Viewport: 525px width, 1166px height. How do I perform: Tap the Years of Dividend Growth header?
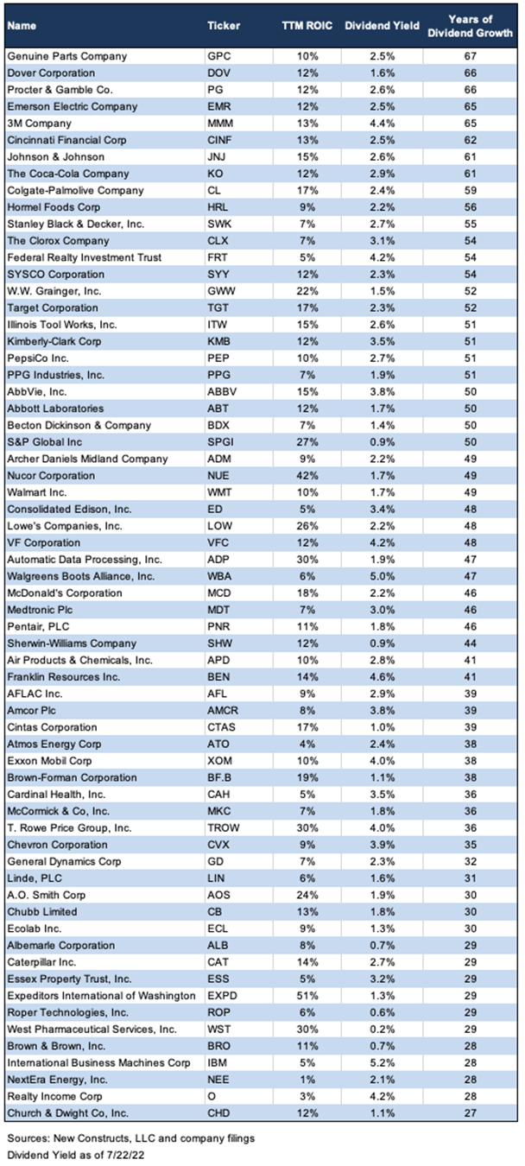471,26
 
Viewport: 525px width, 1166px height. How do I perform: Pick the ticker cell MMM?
220,124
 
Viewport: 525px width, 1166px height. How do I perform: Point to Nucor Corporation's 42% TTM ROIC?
307,476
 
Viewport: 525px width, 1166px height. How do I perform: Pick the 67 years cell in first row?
471,56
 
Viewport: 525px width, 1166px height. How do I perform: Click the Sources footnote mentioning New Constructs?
130,1138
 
